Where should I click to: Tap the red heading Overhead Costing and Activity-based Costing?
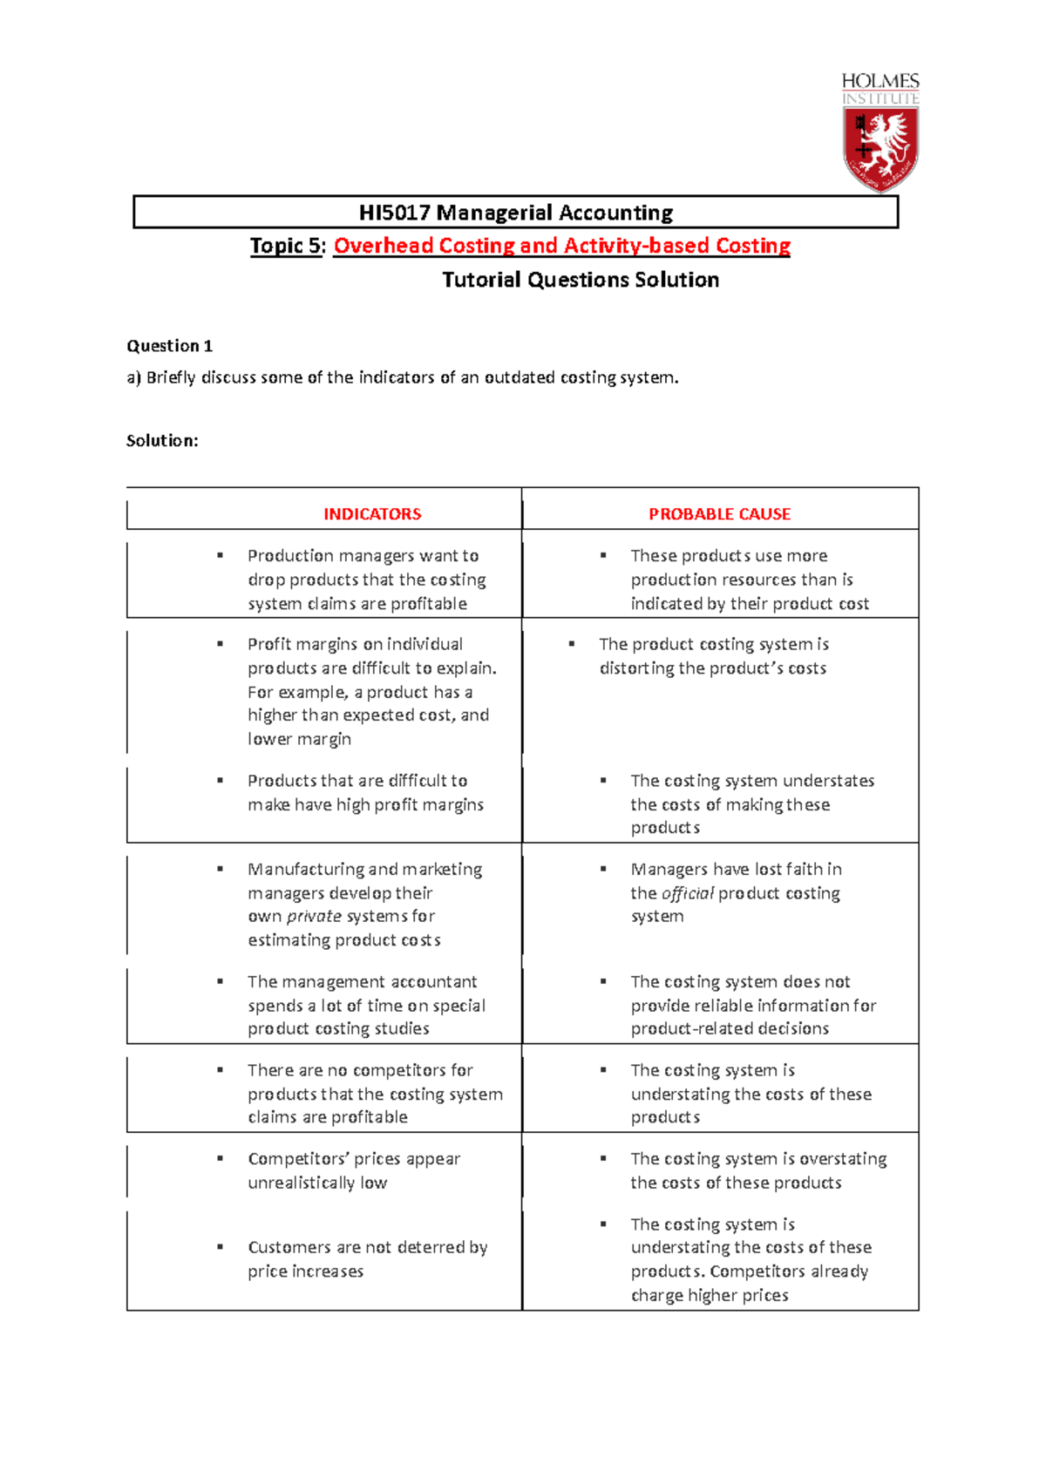(x=561, y=246)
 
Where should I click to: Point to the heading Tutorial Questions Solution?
(x=581, y=280)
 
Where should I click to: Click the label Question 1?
(x=169, y=346)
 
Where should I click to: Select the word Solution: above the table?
(x=162, y=441)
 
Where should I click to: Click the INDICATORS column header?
(x=372, y=514)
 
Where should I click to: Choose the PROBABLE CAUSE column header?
(x=719, y=514)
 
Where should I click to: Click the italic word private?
(x=314, y=917)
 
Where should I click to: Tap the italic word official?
(x=688, y=893)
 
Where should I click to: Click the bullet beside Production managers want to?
(x=221, y=555)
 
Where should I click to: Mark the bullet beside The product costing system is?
(x=572, y=644)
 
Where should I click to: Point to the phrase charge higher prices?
(x=710, y=1295)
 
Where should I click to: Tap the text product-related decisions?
(x=730, y=1028)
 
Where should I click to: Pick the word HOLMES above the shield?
(x=880, y=81)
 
